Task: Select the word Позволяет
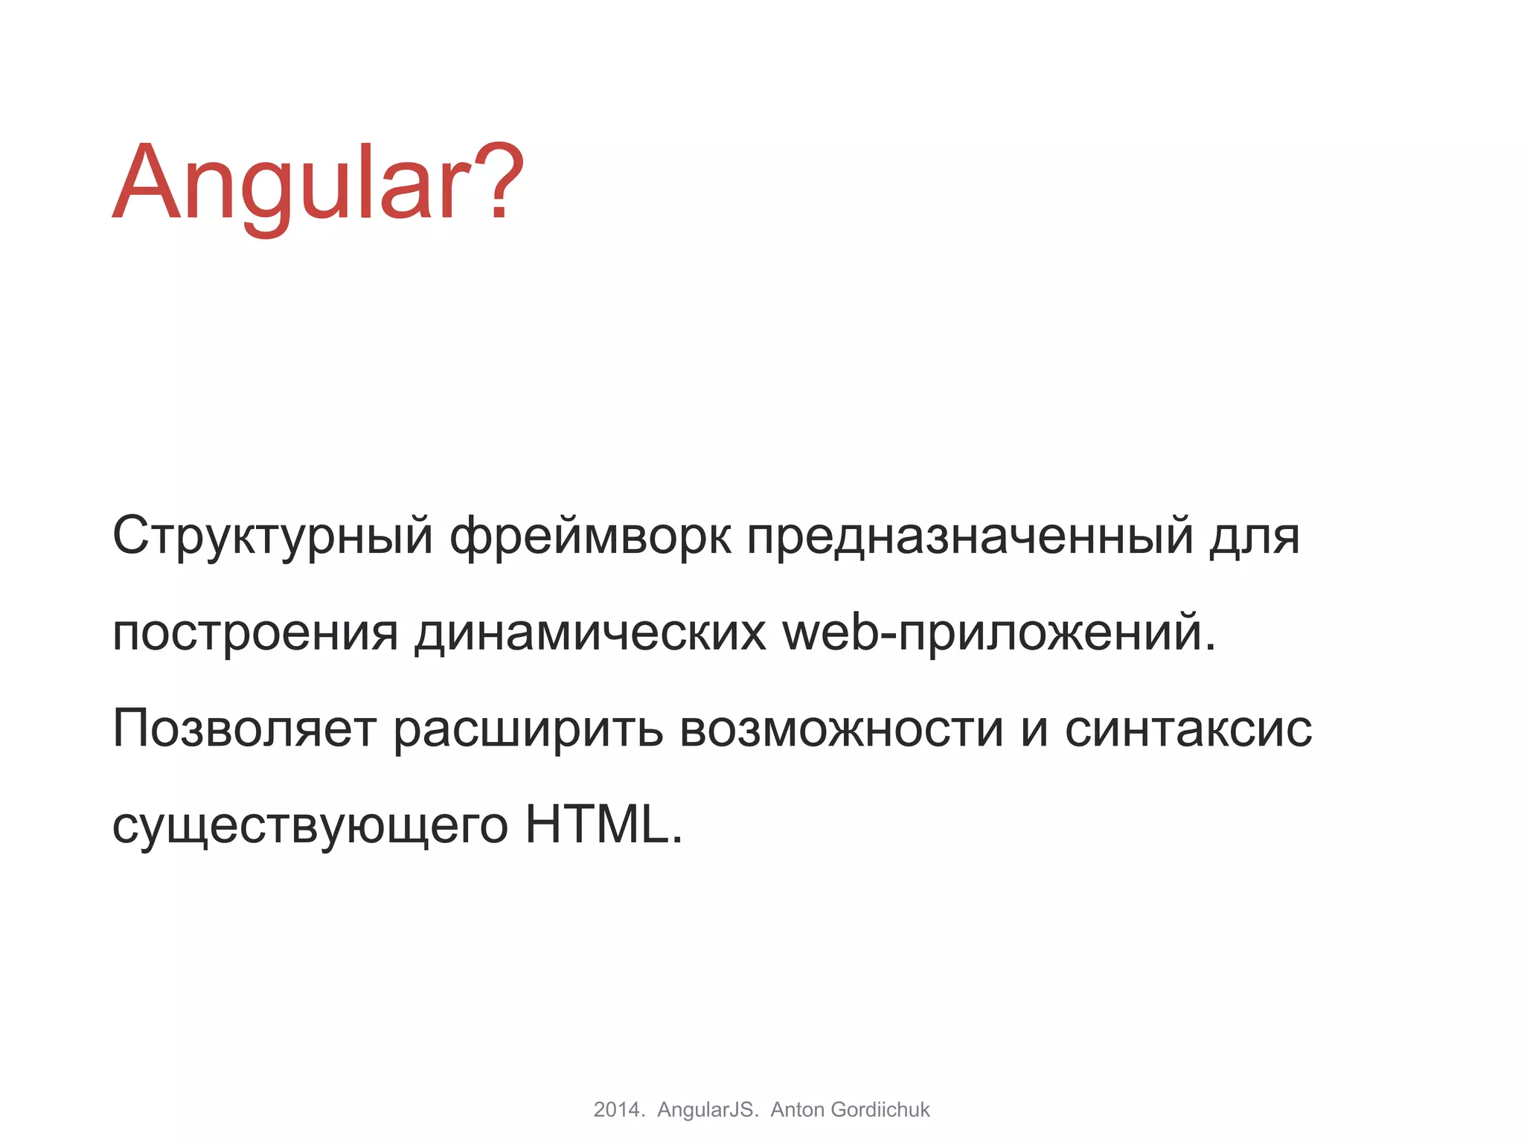(x=244, y=729)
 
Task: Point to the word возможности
(x=842, y=729)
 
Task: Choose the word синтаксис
(x=1188, y=729)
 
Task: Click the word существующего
(x=310, y=827)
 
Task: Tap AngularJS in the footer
(x=707, y=1110)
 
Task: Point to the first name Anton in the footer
(x=798, y=1110)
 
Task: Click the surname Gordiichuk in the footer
(x=880, y=1110)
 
